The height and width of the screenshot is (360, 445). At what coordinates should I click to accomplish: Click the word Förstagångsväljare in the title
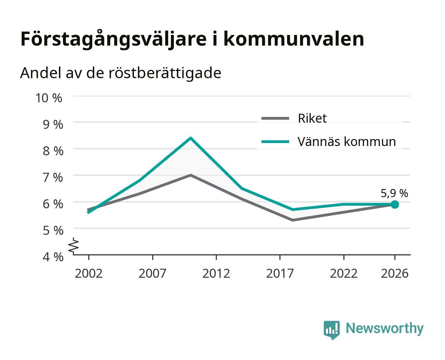coord(114,40)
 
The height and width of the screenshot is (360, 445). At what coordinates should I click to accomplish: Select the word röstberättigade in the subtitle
coord(165,73)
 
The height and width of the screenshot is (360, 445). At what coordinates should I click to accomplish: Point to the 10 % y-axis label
coord(49,98)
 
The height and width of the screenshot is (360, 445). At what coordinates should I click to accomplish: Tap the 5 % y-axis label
coord(53,231)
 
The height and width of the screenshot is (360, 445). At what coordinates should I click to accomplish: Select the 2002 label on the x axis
coord(89,273)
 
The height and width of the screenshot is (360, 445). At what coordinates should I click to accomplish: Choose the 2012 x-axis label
coord(216,273)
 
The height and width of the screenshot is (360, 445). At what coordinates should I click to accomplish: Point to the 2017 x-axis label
coord(280,273)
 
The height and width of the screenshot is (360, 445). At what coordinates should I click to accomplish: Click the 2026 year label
coord(394,273)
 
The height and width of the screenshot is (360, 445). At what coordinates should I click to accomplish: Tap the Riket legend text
coord(312,119)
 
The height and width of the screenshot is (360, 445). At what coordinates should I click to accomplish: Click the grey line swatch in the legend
coord(275,119)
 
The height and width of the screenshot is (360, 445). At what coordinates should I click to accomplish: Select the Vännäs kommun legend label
coord(347,142)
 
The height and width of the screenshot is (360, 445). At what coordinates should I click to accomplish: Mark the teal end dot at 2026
coord(395,204)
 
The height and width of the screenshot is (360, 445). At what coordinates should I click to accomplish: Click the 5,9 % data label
coord(394,193)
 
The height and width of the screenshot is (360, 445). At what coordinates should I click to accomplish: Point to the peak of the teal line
coord(191,138)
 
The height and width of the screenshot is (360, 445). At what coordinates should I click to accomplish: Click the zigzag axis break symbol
coord(74,246)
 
